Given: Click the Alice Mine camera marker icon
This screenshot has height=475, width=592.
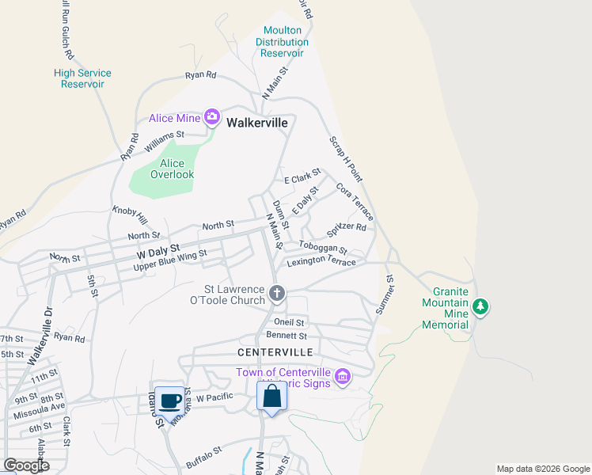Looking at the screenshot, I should coord(211,118).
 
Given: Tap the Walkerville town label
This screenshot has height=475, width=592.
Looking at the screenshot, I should coord(256,123).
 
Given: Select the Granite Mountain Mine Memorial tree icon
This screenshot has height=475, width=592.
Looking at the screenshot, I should coord(479,306).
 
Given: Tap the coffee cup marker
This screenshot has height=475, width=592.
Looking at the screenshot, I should coord(169,400).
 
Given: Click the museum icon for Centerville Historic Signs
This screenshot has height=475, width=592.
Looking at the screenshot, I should coord(342,376).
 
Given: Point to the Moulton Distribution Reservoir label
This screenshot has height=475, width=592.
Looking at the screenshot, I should coord(283,42).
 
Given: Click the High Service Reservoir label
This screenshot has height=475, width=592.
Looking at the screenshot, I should coord(82,78).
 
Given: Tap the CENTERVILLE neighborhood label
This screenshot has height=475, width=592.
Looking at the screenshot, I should coord(275,351).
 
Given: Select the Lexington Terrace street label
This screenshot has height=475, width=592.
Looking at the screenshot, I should coord(321,262).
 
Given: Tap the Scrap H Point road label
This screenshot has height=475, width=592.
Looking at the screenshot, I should coord(345,156).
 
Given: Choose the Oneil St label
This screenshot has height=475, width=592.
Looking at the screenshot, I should coord(289,322).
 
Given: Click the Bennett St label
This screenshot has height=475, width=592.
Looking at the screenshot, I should coord(286,336).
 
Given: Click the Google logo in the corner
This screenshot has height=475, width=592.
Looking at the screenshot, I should coord(26,465).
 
